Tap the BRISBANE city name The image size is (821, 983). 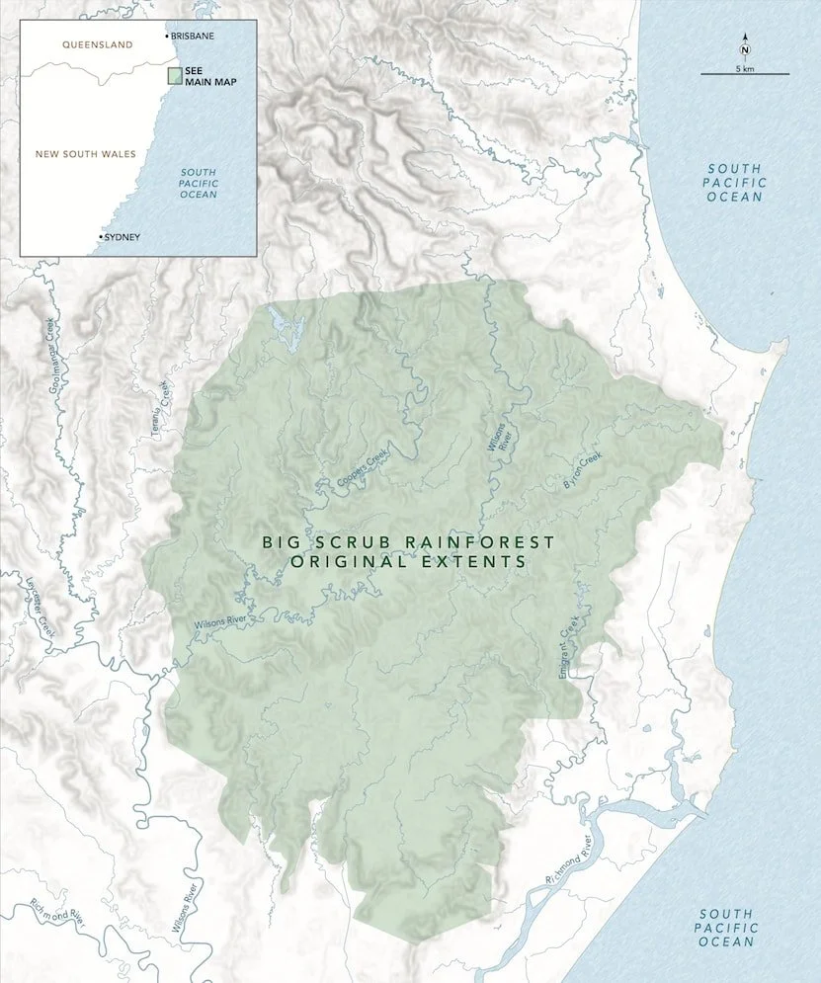[x=192, y=36]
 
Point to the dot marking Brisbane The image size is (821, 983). [x=166, y=36]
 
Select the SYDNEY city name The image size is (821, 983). [x=123, y=237]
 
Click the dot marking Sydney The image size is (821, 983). [x=101, y=237]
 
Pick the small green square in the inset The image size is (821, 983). [x=174, y=75]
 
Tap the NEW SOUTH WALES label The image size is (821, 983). [x=85, y=154]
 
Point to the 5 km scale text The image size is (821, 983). [x=745, y=67]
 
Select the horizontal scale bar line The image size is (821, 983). [x=745, y=74]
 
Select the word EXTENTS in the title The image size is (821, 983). [x=475, y=561]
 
